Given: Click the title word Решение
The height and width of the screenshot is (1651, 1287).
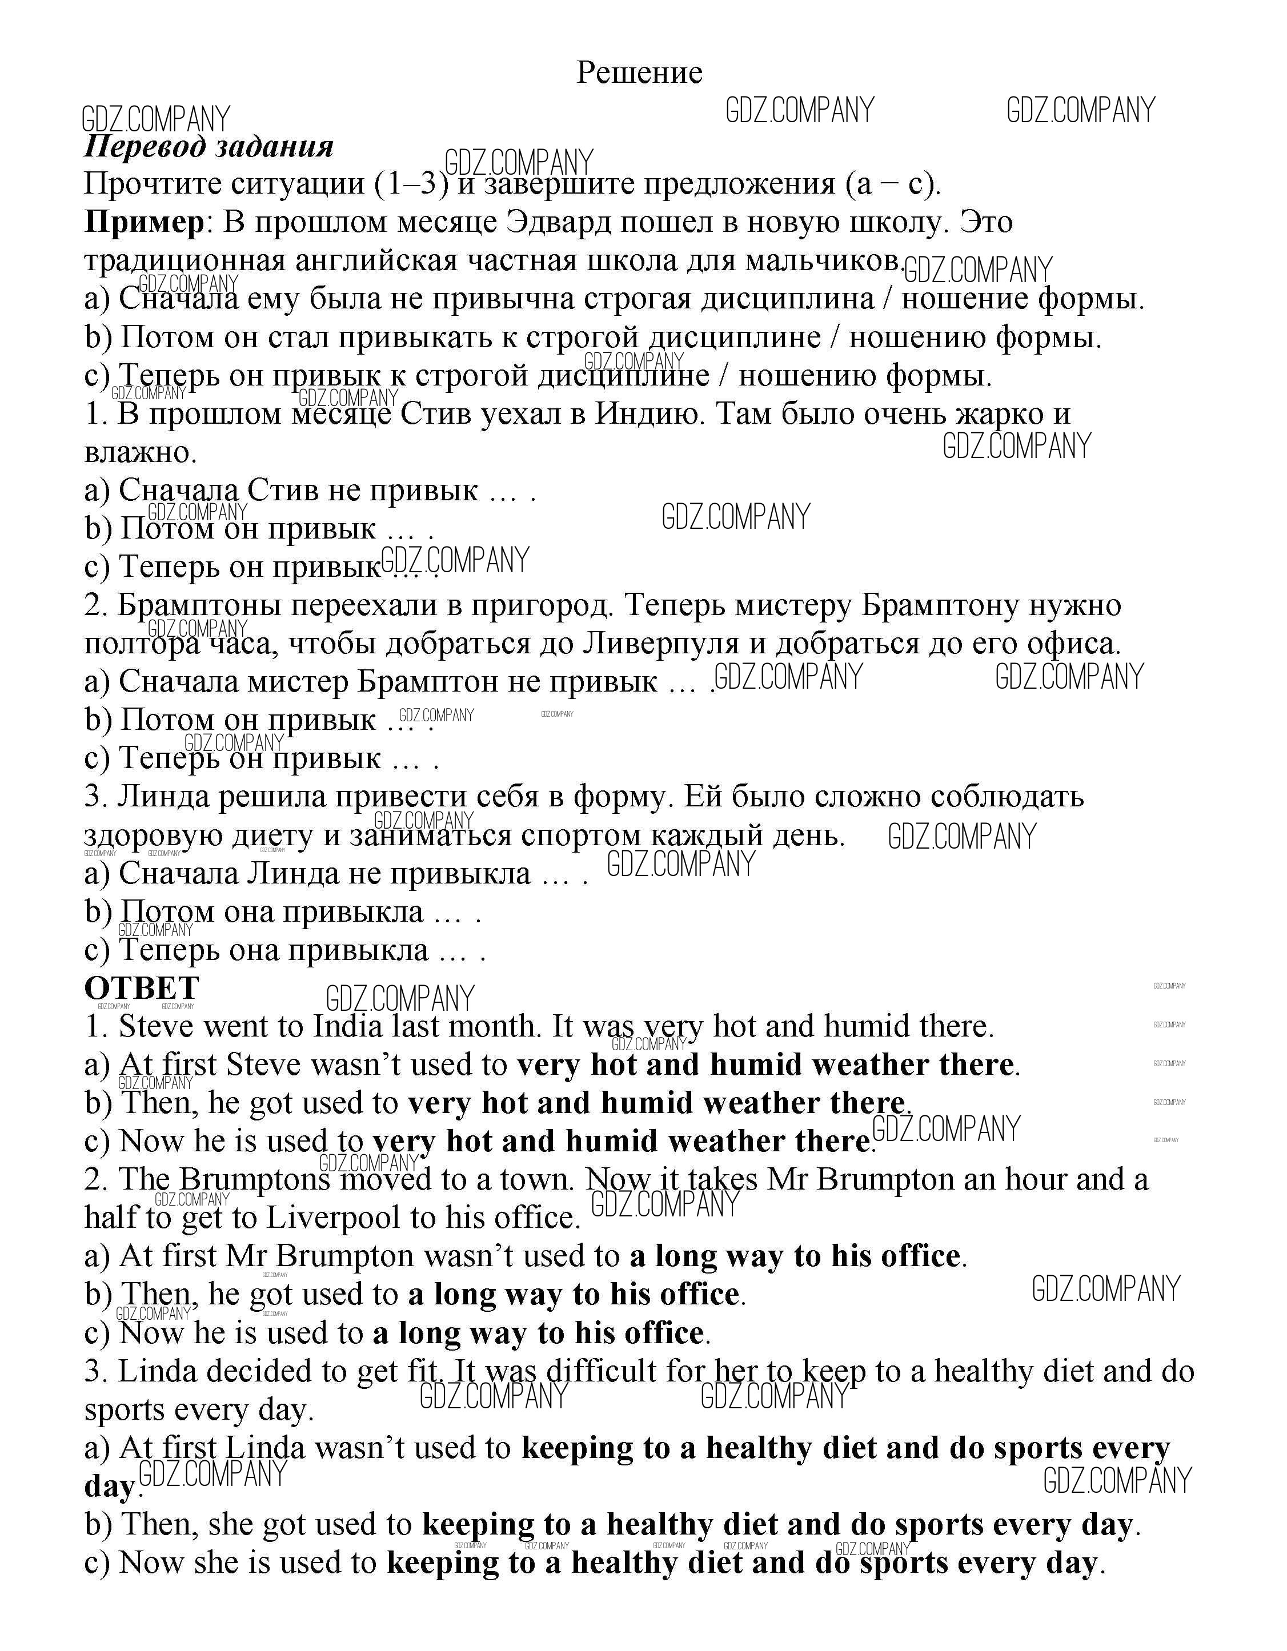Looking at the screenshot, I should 639,73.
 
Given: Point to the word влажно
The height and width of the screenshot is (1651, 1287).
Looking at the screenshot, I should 140,453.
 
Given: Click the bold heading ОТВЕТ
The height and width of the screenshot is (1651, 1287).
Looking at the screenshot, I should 142,988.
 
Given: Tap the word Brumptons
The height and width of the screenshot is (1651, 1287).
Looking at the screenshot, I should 255,1180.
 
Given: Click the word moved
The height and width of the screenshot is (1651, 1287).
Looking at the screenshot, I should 379,1180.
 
